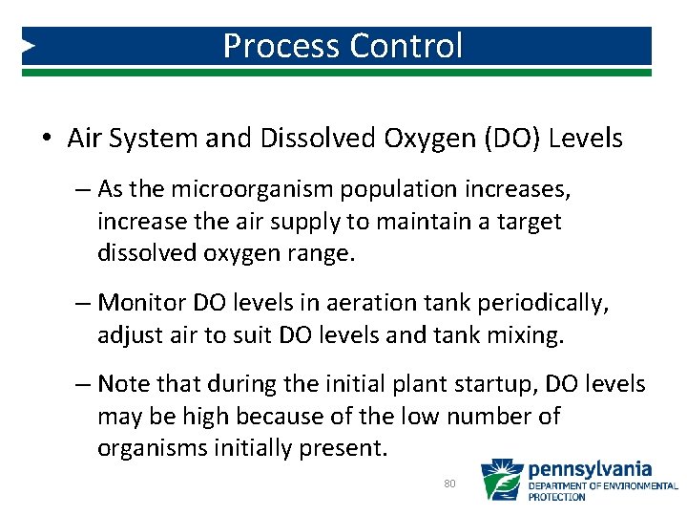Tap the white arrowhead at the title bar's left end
(29, 46)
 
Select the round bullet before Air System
(46, 140)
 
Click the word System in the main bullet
(153, 139)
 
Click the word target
(530, 222)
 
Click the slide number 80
(450, 484)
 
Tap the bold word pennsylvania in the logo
(590, 469)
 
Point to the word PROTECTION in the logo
(558, 497)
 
